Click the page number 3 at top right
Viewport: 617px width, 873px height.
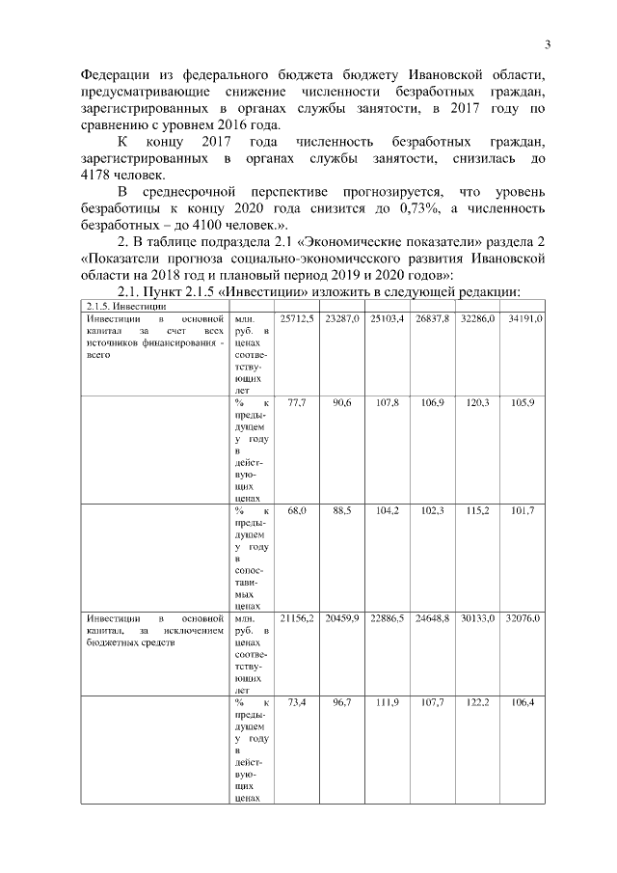pos(547,43)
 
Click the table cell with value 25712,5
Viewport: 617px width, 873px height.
pos(296,317)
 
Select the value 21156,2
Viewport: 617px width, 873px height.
pos(296,616)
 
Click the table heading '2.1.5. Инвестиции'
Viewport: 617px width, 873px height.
pos(122,306)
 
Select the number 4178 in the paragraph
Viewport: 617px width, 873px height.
pos(101,175)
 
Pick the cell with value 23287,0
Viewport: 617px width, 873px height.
pos(342,317)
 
